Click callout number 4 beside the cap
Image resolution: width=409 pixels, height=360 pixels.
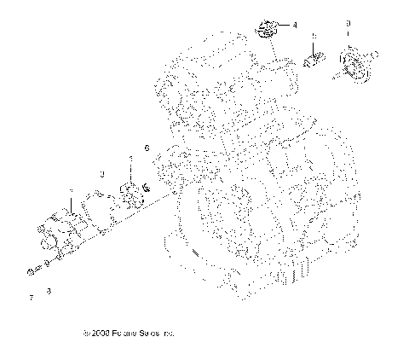294,26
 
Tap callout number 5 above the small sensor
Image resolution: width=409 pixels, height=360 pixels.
314,37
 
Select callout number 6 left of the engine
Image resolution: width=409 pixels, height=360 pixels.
146,148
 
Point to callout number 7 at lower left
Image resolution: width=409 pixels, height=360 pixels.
32,299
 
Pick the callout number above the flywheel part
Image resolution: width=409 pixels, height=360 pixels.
348,20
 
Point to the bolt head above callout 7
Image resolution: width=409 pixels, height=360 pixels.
32,272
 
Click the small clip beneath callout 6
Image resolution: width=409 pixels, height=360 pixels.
146,187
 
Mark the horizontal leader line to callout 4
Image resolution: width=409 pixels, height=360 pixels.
282,26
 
